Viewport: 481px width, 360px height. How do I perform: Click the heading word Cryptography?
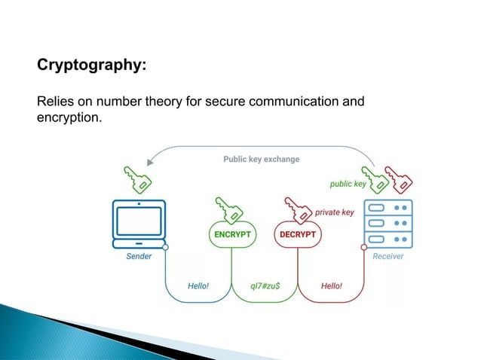(91, 66)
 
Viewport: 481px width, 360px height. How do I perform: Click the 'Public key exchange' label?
(261, 160)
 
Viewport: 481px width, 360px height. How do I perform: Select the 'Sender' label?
(138, 256)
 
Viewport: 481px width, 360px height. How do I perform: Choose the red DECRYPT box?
(298, 233)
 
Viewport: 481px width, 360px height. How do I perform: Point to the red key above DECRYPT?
(297, 209)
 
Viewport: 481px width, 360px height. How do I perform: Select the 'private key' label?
(334, 212)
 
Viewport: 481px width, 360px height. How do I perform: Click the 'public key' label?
(348, 184)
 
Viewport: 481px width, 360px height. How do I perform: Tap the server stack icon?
(388, 222)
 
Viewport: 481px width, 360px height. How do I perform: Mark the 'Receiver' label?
(388, 256)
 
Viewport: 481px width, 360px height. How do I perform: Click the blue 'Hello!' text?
(198, 285)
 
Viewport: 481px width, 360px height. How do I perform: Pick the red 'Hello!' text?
(331, 285)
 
